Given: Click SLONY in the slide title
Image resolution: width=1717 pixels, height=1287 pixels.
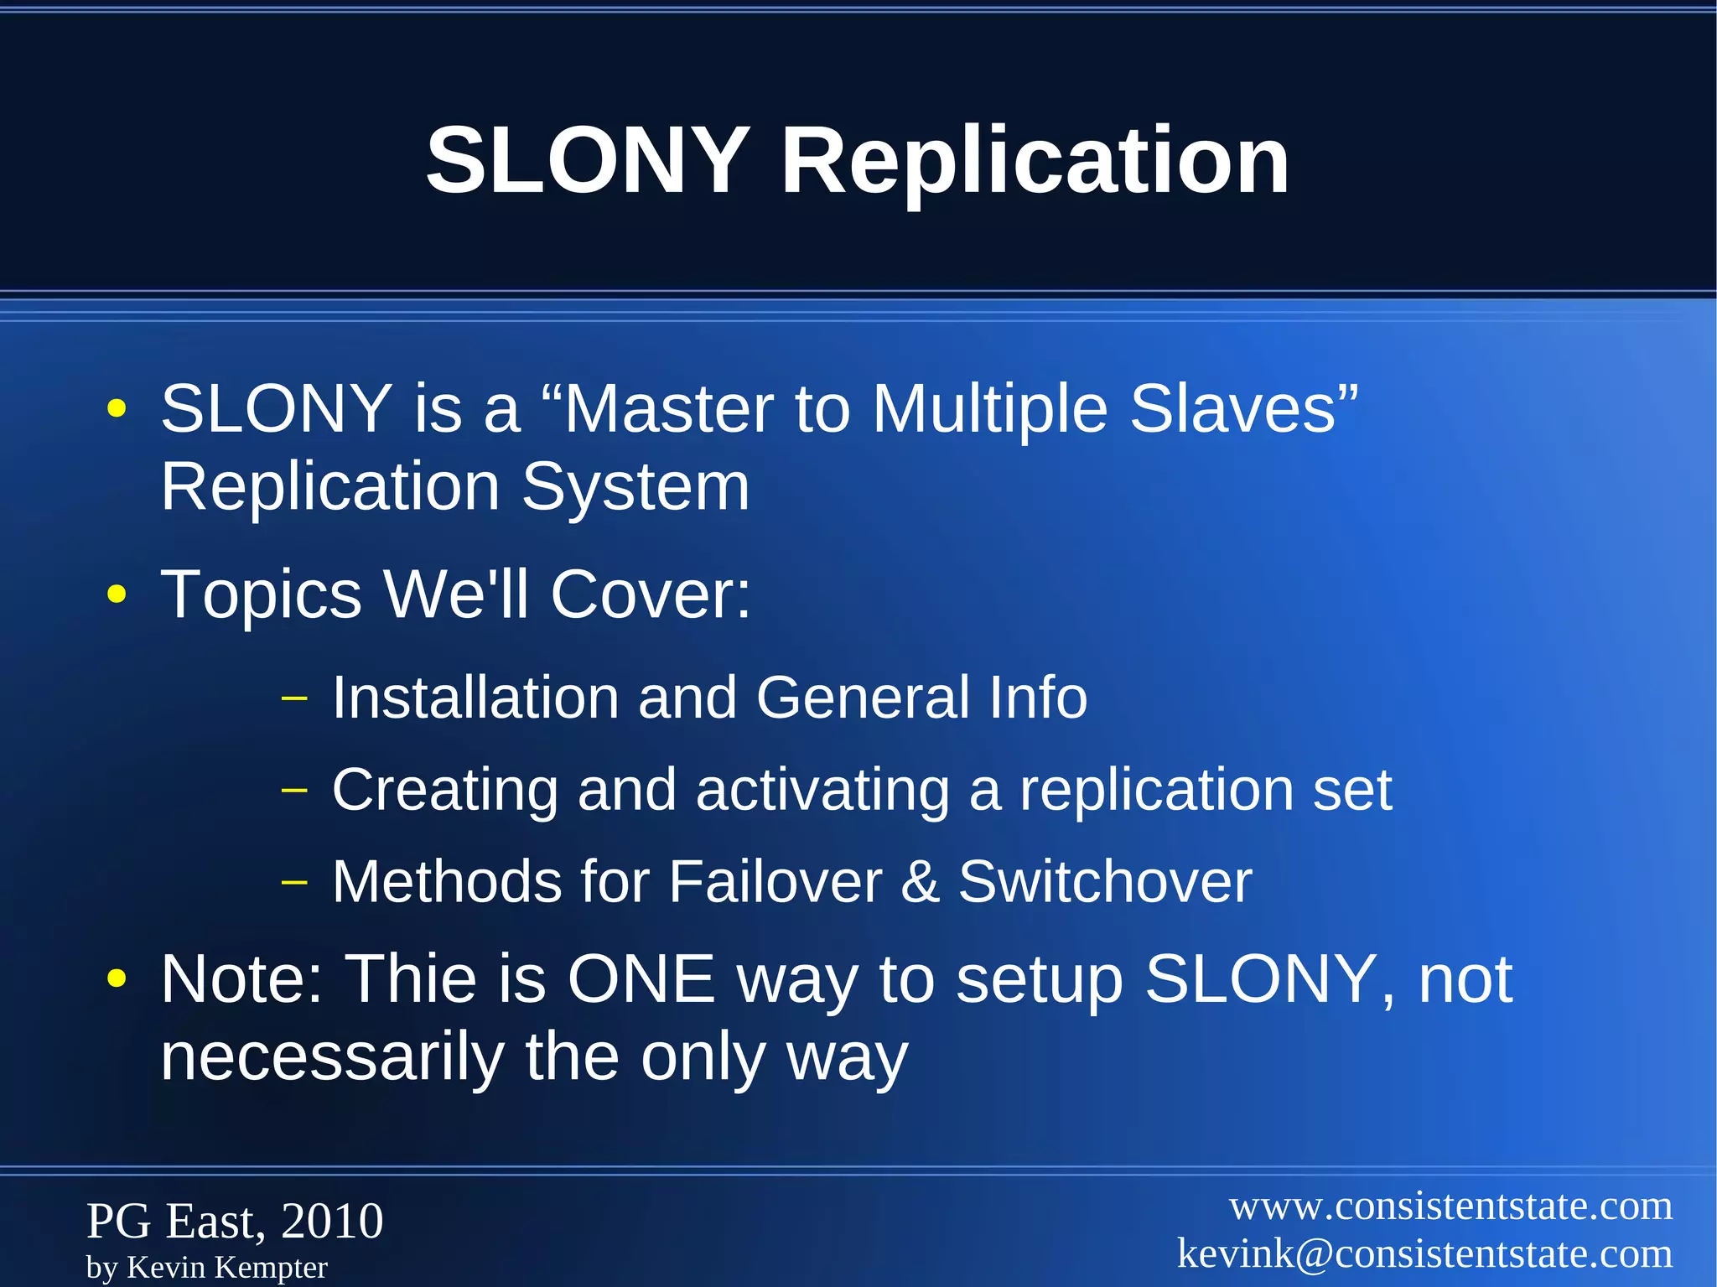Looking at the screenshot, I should coord(587,161).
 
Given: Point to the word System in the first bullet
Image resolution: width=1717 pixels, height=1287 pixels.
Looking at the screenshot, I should coord(635,487).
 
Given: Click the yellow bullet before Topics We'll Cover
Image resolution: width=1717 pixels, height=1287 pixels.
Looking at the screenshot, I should coord(117,595).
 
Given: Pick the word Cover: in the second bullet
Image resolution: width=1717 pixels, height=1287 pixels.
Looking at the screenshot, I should coord(651,594).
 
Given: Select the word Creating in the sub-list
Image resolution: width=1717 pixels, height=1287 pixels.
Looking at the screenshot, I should coord(445,791).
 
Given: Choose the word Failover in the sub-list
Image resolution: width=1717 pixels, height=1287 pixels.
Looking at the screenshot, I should coord(776,882).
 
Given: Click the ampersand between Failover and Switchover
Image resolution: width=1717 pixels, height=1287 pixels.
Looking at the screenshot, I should coord(920,882).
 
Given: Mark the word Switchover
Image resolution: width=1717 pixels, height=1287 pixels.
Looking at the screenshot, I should coord(1105,882).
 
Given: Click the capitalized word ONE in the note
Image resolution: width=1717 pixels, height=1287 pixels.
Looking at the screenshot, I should coord(641,978).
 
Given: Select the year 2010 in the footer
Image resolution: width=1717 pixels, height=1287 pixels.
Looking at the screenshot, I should coord(332,1221).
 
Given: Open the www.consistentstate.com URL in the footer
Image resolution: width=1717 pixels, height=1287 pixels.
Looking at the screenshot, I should coord(1450,1207).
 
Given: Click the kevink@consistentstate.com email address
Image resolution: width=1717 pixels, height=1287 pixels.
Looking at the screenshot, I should coord(1424,1254).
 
